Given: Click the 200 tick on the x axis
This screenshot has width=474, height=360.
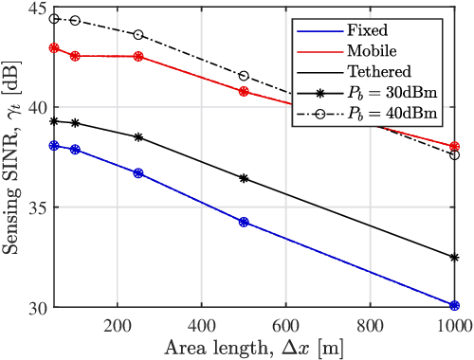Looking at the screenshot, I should click(117, 324).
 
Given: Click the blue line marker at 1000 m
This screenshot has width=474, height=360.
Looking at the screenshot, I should click(455, 306).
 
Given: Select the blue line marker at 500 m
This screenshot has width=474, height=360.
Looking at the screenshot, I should click(244, 222).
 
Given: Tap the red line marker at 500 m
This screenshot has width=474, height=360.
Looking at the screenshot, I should click(244, 92).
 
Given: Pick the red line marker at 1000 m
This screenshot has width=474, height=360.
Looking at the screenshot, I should click(455, 147).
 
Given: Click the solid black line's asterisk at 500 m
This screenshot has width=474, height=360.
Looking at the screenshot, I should click(244, 178).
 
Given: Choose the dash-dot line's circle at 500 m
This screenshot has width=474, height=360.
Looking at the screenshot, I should click(244, 76).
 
